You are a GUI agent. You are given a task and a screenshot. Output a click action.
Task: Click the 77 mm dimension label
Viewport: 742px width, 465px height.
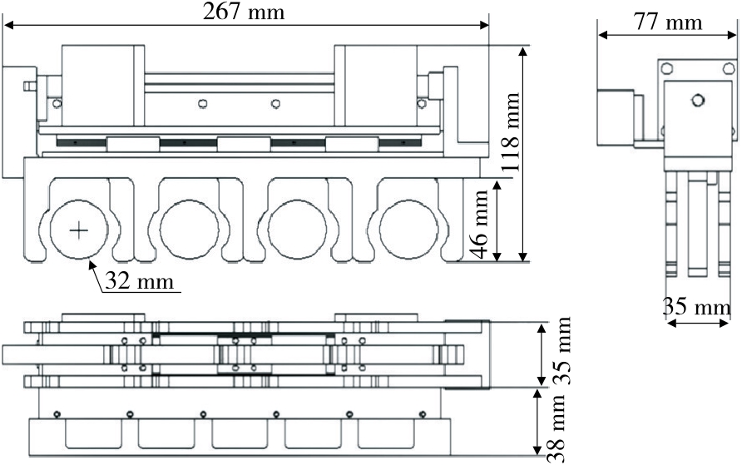667,22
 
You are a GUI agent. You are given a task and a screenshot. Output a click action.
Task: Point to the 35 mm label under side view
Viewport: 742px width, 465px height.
696,308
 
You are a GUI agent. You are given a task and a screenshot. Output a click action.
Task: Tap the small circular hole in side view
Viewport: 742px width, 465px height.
699,100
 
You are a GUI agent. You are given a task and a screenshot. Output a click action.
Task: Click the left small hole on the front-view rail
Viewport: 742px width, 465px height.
201,103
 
